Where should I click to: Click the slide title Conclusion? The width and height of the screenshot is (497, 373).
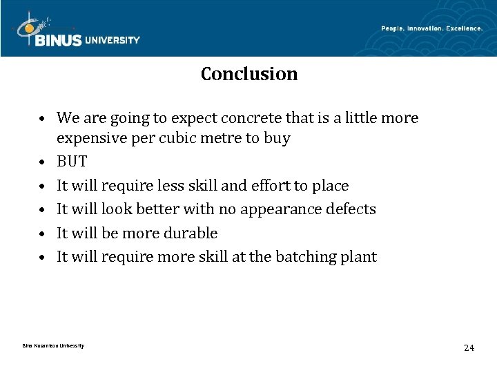tap(249, 74)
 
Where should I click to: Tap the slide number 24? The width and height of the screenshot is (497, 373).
tap(469, 347)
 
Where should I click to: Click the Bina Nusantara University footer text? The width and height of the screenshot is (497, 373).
tap(53, 345)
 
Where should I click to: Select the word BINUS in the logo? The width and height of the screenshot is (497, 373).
tap(59, 41)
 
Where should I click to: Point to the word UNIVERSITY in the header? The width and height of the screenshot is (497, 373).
tap(112, 40)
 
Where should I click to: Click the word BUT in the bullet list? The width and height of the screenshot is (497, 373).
tap(72, 162)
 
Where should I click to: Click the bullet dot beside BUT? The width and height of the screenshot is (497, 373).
tap(43, 163)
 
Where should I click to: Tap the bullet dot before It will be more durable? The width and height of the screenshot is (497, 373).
tap(43, 234)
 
